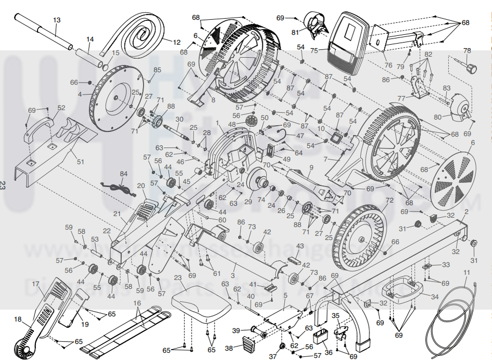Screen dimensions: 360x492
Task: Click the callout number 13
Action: pos(57,20)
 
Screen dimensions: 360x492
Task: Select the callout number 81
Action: pos(296,33)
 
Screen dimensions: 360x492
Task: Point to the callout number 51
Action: pos(80,161)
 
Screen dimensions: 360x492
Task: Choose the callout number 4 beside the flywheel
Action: pos(80,95)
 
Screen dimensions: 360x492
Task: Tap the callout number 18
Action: pos(18,319)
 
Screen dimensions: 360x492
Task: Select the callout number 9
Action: pos(310,168)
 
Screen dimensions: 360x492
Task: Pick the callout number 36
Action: pos(328,352)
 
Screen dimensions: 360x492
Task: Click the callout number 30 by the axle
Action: pos(180,119)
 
